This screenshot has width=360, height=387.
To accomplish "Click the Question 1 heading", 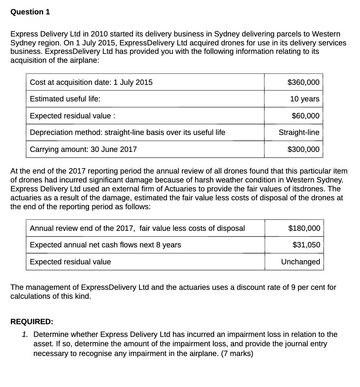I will [30, 12].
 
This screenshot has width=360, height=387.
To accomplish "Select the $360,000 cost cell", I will [303, 82].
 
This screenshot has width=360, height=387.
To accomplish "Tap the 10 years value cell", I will [304, 99].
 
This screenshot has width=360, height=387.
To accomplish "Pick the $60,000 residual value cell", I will [305, 116].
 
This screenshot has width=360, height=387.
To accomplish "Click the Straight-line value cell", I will [299, 132].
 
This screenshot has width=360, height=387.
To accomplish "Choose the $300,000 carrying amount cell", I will [303, 149].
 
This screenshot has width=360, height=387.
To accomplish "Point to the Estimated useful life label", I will [65, 99].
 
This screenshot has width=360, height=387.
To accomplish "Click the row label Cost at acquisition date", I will [91, 82].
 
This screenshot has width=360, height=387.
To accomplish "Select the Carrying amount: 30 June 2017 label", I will [84, 149].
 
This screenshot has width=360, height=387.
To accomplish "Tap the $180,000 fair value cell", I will [304, 228].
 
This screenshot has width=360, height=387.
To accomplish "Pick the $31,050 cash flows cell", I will [306, 245].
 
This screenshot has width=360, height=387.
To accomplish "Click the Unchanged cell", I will [301, 262].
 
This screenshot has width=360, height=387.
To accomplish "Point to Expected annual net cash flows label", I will [105, 245].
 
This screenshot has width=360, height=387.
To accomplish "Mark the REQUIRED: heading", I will [32, 322].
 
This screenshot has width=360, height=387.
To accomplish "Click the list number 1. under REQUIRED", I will [26, 334].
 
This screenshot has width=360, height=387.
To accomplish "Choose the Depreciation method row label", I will [127, 132].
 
